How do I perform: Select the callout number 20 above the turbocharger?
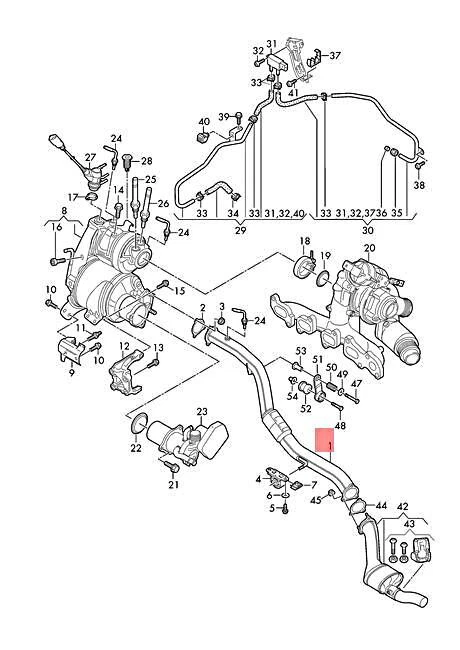(x=368, y=248)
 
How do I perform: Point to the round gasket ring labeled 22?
(x=138, y=431)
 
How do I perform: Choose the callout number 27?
(x=90, y=158)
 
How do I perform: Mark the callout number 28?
(x=146, y=161)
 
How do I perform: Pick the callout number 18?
(x=305, y=241)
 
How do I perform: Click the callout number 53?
(x=299, y=350)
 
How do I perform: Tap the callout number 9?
(x=71, y=372)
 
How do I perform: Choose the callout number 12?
(x=125, y=346)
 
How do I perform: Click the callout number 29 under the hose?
(x=239, y=231)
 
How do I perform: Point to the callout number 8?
(x=64, y=211)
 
